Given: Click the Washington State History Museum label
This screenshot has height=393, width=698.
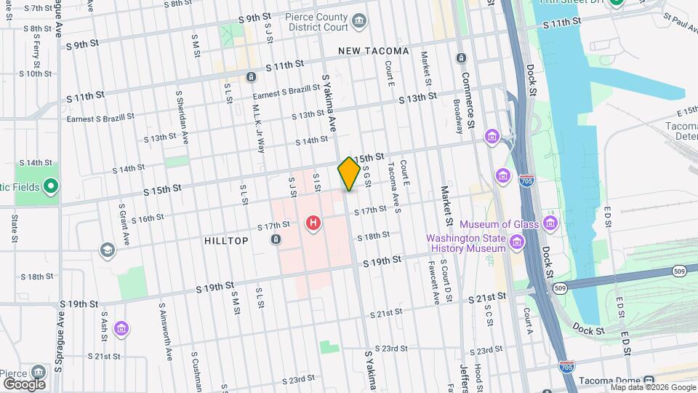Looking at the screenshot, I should (465, 243).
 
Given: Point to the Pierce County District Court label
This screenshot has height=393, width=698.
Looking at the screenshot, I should (315, 23).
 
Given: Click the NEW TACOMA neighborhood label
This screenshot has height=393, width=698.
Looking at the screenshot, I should (374, 52).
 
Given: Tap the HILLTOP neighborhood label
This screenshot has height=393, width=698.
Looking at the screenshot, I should (226, 241).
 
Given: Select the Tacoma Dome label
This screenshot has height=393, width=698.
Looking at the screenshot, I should (612, 381).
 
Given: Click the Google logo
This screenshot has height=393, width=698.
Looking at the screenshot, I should (24, 384).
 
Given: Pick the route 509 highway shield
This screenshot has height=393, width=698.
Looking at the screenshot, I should (559, 289).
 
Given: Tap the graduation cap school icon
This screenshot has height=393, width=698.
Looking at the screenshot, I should (108, 250).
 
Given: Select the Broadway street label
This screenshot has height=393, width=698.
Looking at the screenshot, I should (458, 116).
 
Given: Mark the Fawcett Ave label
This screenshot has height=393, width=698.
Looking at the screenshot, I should (436, 282).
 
